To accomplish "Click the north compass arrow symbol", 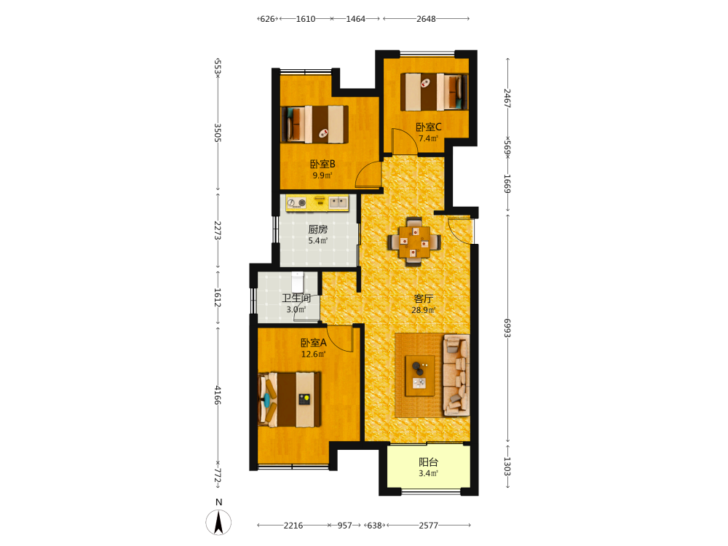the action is (218, 522).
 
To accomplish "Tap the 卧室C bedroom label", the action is (428, 127).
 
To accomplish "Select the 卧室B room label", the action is (323, 164).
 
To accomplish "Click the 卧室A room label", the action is (313, 343).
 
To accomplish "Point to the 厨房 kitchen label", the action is (317, 229).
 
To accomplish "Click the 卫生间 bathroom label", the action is (296, 298).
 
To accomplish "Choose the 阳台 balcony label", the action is (428, 462).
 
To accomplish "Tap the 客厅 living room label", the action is (423, 298).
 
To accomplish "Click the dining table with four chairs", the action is (414, 242).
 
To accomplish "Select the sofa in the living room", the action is (456, 375).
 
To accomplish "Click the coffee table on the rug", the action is (420, 376).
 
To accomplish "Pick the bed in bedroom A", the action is (289, 399).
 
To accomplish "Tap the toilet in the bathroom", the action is (297, 282).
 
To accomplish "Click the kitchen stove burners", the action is (296, 203).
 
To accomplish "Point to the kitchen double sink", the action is (338, 202).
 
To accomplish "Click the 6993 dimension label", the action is (507, 328).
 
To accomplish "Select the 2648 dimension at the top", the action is (426, 19).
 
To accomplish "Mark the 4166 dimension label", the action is (217, 395).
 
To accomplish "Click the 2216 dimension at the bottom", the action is (293, 526).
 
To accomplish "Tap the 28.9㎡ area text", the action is (424, 310).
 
